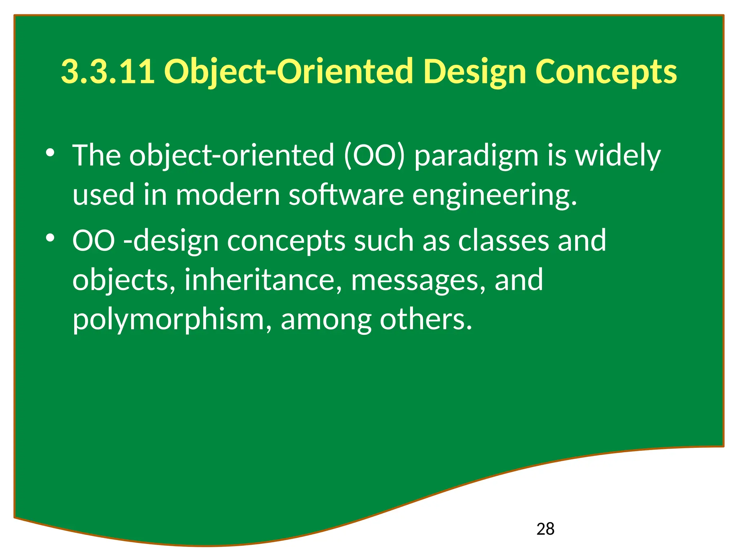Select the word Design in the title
tap(475, 72)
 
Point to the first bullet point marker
tap(50, 153)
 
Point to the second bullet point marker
tap(50, 238)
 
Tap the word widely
tap(618, 156)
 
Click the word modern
tap(228, 195)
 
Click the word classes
tap(503, 241)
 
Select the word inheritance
tap(263, 280)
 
